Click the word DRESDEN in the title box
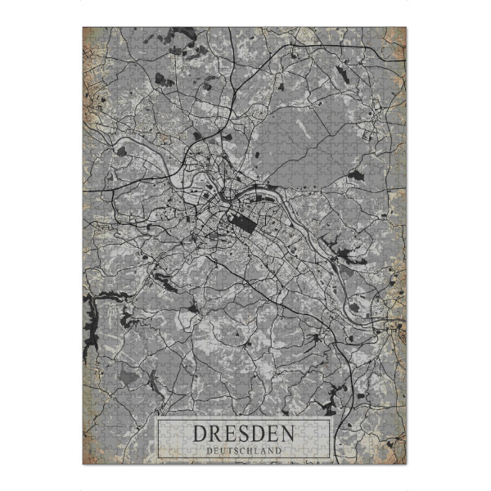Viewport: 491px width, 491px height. [x=244, y=433]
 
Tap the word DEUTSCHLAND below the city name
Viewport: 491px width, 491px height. [x=244, y=449]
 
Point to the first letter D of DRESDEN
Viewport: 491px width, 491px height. [x=200, y=433]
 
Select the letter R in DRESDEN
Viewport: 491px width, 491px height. [x=215, y=433]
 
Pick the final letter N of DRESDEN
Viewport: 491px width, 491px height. [x=288, y=433]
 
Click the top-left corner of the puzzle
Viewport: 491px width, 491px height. [x=83, y=28]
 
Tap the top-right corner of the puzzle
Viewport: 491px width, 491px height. [x=407, y=28]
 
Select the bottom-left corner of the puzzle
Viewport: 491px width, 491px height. [x=83, y=464]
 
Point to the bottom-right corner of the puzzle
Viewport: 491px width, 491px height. [x=407, y=464]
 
